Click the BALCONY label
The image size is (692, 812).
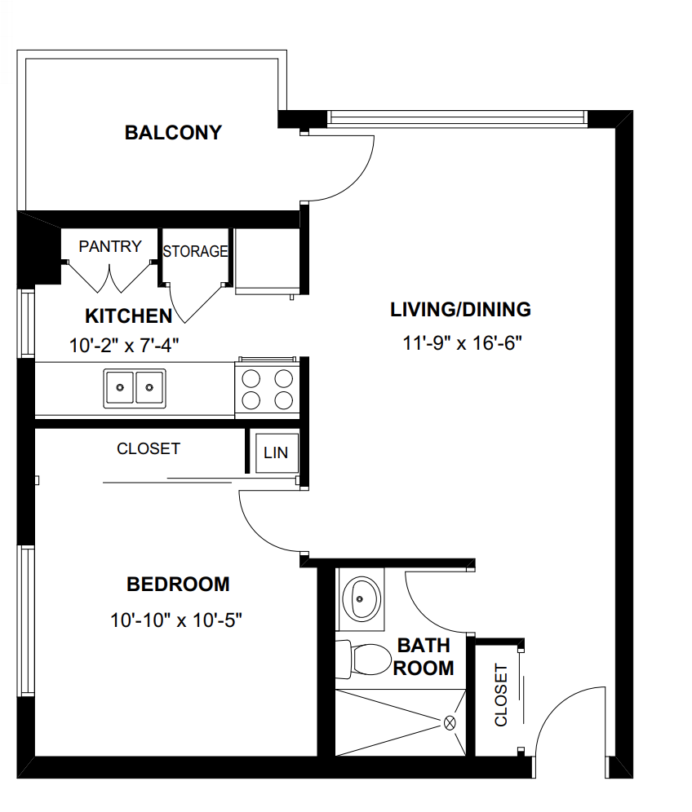[x=173, y=133]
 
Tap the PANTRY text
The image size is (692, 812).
[x=110, y=246]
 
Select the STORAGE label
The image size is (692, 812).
[x=194, y=251]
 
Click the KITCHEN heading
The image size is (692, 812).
[x=128, y=316]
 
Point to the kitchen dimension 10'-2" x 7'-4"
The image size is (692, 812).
[x=124, y=345]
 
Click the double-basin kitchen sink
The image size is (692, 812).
[x=134, y=387]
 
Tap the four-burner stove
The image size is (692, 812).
[x=268, y=389]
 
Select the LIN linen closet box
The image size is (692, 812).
[x=275, y=452]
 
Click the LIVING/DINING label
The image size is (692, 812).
[x=460, y=310]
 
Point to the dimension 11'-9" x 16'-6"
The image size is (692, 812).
[x=462, y=343]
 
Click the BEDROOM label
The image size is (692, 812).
[x=178, y=585]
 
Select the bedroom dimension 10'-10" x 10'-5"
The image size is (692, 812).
[x=177, y=620]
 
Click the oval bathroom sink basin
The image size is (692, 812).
[x=361, y=600]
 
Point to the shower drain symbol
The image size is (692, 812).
[x=450, y=722]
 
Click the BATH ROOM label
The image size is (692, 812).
[x=424, y=657]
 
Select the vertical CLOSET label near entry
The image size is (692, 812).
[x=501, y=695]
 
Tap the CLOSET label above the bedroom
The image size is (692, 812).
[x=149, y=449]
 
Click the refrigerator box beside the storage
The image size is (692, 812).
[x=266, y=259]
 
